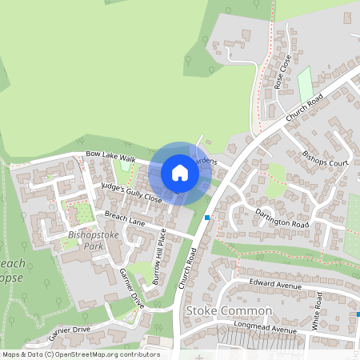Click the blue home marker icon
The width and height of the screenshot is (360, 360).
click(179, 172)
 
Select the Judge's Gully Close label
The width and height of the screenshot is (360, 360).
click(130, 192)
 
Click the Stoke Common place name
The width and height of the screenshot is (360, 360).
click(228, 310)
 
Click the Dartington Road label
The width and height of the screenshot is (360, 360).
click(282, 218)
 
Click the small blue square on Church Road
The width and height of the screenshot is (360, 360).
click(207, 217)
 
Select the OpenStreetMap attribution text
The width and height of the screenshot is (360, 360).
click(80, 354)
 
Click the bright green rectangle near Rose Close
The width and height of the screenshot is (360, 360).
click(304, 83)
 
